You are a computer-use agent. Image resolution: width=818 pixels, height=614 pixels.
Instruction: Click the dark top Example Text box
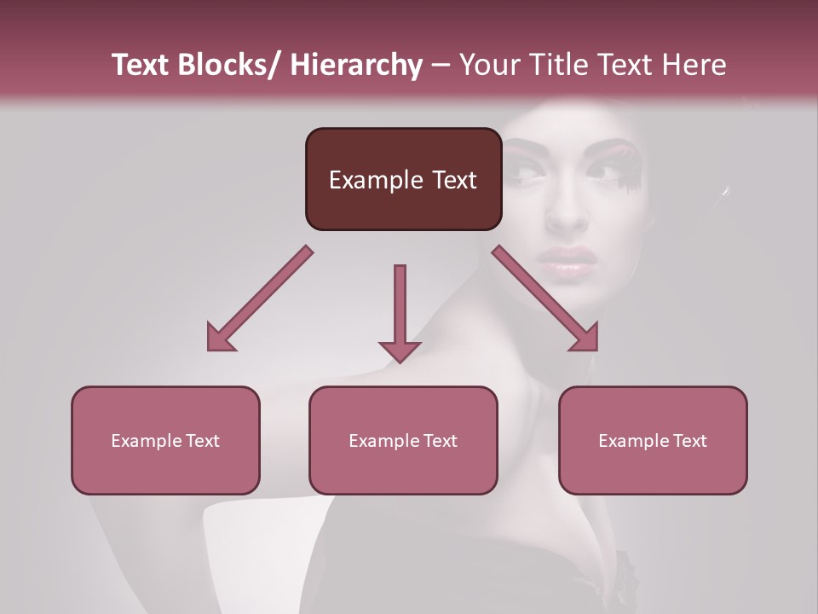pyautogui.click(x=403, y=179)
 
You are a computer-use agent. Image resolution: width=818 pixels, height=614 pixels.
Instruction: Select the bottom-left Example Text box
pyautogui.click(x=165, y=441)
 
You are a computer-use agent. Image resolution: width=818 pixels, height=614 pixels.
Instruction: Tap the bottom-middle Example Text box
pyautogui.click(x=403, y=441)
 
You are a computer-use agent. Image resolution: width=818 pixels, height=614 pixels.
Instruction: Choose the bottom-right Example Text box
pyautogui.click(x=653, y=441)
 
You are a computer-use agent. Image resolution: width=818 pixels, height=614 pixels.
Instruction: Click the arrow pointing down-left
pyautogui.click(x=260, y=298)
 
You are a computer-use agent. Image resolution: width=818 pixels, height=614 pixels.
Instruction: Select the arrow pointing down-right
pyautogui.click(x=545, y=298)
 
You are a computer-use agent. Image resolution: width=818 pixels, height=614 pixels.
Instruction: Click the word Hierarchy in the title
pyautogui.click(x=355, y=65)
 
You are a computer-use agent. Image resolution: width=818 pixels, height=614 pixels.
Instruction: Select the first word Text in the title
pyautogui.click(x=141, y=65)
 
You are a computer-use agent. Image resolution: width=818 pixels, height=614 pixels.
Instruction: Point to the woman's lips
pyautogui.click(x=567, y=261)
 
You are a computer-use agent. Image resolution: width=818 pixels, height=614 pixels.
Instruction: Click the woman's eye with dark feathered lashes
pyautogui.click(x=605, y=171)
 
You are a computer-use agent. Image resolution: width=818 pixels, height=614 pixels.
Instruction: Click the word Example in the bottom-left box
pyautogui.click(x=147, y=441)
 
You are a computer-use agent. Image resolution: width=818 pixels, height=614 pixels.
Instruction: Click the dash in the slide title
pyautogui.click(x=441, y=65)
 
